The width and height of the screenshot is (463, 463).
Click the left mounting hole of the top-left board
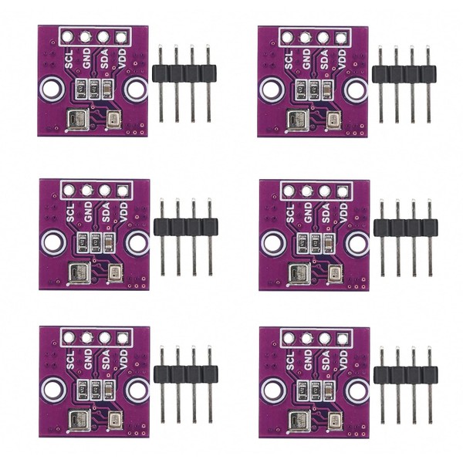pos(51,88)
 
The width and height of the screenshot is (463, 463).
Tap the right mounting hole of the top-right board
pos(357,90)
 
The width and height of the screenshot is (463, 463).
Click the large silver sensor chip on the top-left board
pos(76,119)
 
